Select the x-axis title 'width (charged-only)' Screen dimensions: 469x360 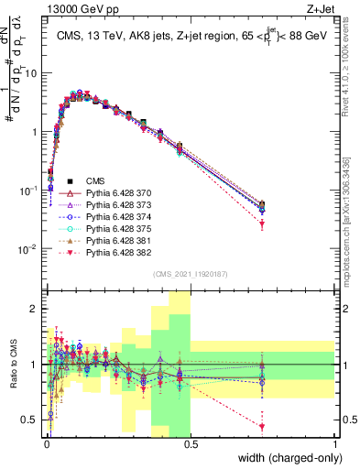(289, 457)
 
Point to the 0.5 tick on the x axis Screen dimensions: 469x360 (191, 442)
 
